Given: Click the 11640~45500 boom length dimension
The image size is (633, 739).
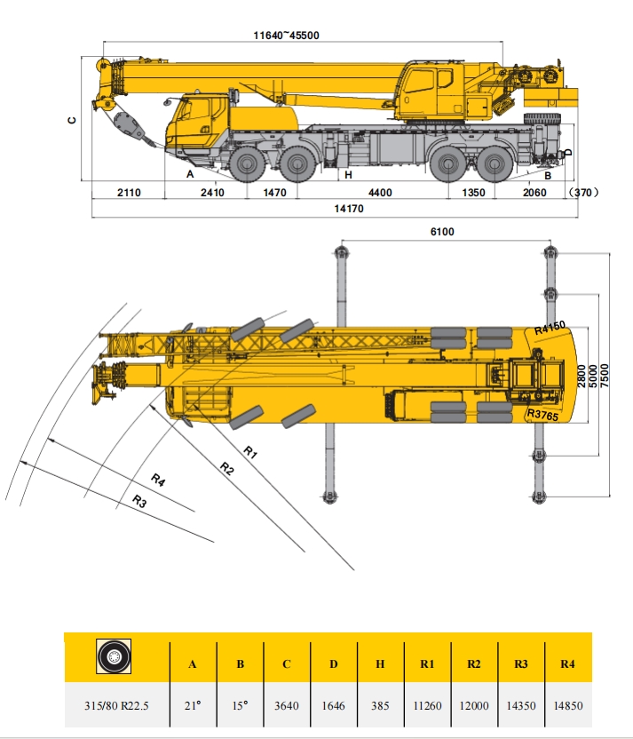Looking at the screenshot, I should [286, 36].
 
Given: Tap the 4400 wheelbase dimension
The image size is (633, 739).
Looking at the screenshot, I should [380, 193].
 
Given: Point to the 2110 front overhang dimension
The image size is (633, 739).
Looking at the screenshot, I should [130, 193].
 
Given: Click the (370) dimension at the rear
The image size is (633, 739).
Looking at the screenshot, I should [583, 193].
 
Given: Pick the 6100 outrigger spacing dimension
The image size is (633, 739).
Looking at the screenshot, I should [441, 232].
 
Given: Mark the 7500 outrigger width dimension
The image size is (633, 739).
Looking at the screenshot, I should [604, 371].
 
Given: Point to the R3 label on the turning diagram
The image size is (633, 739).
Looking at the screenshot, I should [139, 502].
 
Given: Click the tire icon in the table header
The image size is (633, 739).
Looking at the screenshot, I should [115, 658].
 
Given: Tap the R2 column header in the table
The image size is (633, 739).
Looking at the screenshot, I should [474, 664].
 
